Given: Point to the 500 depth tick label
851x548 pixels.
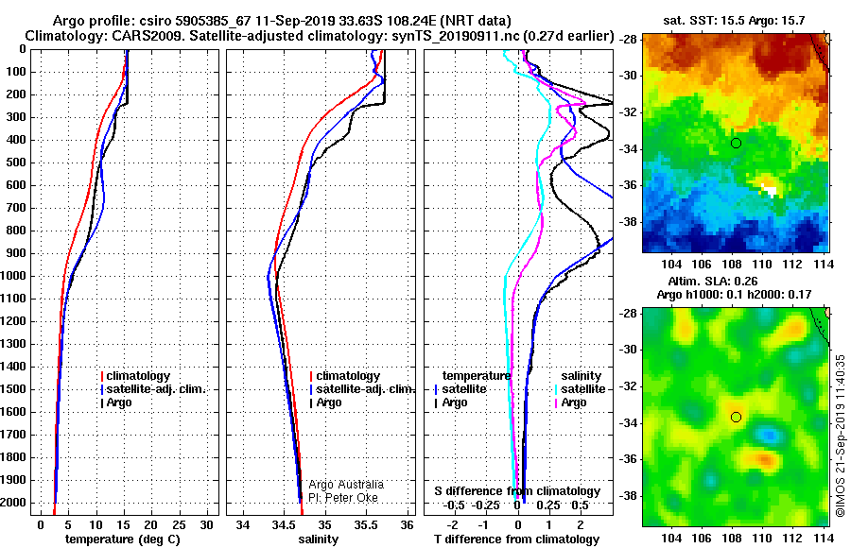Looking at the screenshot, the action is pyautogui.click(x=16, y=163).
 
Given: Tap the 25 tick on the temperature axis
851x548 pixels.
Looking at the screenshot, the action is pyautogui.click(x=179, y=525).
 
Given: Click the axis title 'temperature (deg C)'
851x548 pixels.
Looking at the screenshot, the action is pyautogui.click(x=123, y=539).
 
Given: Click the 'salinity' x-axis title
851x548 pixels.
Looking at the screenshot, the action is pyautogui.click(x=318, y=539).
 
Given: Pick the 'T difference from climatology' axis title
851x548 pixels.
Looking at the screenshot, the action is pyautogui.click(x=516, y=539).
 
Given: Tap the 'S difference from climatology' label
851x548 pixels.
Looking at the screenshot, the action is pyautogui.click(x=517, y=491).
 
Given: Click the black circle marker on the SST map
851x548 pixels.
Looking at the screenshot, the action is pyautogui.click(x=736, y=144).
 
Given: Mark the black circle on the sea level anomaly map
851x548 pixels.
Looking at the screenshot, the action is pyautogui.click(x=736, y=418).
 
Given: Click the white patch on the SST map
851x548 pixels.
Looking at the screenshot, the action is pyautogui.click(x=769, y=190).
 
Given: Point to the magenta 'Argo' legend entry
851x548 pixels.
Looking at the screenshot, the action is pyautogui.click(x=570, y=402).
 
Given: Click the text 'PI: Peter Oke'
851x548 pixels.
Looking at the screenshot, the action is pyautogui.click(x=343, y=498).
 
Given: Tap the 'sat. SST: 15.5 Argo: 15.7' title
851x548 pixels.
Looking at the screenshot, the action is pyautogui.click(x=734, y=21).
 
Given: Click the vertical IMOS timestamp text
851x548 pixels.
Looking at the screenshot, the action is pyautogui.click(x=841, y=436).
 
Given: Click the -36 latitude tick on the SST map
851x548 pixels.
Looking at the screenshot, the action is pyautogui.click(x=629, y=185).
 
